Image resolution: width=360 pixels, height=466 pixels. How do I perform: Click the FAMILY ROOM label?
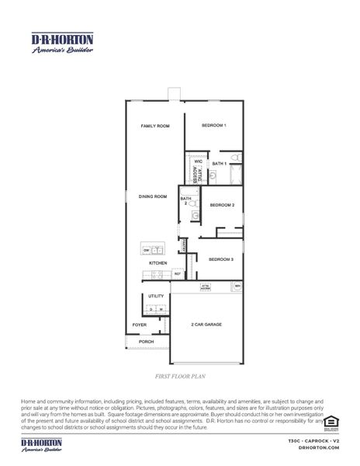point(154,126)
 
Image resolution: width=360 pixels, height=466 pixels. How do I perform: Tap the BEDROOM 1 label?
point(213,126)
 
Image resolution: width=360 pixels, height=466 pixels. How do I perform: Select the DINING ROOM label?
point(153,196)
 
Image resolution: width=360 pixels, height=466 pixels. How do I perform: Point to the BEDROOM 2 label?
point(222,205)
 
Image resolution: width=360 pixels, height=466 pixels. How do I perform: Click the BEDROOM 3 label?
point(221,259)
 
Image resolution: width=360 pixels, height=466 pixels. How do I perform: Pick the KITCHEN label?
point(158,264)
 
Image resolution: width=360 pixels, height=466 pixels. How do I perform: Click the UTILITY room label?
point(155,297)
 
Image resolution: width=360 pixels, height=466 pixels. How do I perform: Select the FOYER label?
point(140,325)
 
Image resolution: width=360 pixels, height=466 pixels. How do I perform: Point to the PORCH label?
point(146,341)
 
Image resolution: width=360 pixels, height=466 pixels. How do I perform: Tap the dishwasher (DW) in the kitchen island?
point(146,250)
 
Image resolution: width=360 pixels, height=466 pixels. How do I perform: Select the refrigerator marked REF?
point(178,274)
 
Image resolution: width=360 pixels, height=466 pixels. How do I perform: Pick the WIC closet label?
point(198,162)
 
